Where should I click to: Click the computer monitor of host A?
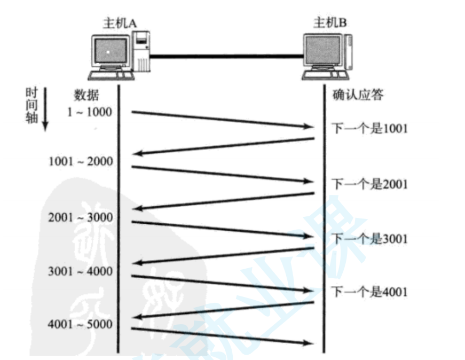click(110, 53)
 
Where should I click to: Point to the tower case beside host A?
click(141, 52)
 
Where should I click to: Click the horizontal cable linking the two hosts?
click(226, 55)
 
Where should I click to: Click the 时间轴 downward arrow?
click(45, 110)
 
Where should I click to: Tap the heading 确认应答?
click(358, 96)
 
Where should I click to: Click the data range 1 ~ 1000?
click(89, 112)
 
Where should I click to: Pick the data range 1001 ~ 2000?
click(80, 161)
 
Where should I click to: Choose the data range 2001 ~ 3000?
click(80, 217)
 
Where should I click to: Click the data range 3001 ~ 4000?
click(80, 271)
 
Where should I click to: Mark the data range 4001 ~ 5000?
click(80, 325)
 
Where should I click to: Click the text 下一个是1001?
click(369, 129)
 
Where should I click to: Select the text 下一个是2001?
click(369, 184)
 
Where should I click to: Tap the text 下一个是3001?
click(369, 239)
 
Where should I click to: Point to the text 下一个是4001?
click(369, 292)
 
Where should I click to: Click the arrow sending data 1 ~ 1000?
click(222, 120)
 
